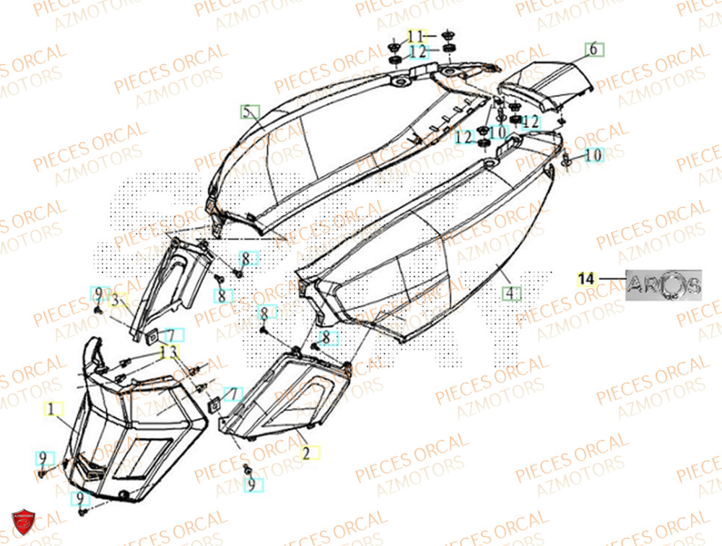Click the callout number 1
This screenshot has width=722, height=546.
point(51,409)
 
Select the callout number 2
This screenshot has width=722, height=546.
point(306,454)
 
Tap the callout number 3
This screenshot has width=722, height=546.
point(115,300)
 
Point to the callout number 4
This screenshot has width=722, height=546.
point(511,293)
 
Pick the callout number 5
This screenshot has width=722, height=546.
point(248,112)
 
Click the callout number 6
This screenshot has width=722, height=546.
point(593,49)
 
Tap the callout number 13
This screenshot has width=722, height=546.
point(168,351)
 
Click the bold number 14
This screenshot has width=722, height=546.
point(586,277)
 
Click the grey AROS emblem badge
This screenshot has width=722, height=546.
point(663,284)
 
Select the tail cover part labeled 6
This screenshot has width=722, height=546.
point(549,81)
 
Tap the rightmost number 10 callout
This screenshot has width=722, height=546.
point(592,155)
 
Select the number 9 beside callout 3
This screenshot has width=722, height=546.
point(97,293)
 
